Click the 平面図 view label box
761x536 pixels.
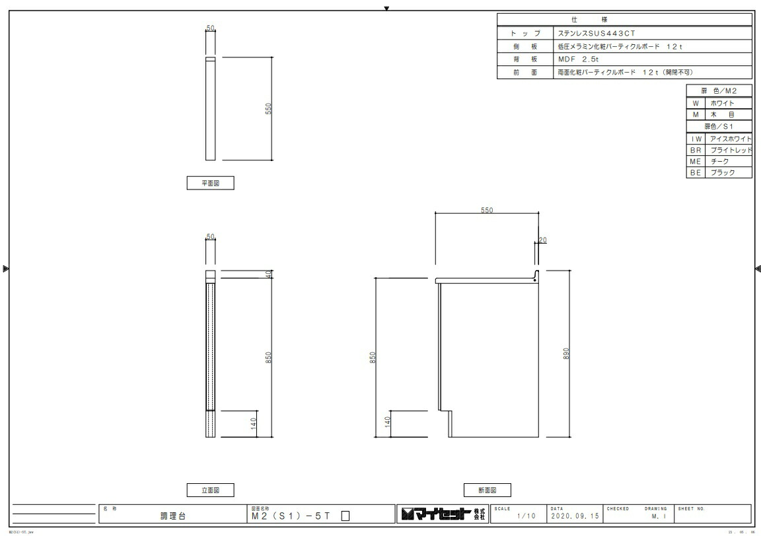(210, 184)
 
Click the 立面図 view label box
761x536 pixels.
(210, 490)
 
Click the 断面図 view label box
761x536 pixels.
(487, 490)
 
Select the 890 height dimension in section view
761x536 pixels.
(566, 353)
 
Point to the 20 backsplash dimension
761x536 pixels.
(542, 240)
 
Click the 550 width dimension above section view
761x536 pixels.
(487, 211)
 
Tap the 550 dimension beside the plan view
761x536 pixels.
(269, 108)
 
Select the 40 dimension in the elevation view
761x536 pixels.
(269, 274)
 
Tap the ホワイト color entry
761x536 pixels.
(722, 103)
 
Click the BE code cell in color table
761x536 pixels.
(696, 173)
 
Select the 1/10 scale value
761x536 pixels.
(526, 516)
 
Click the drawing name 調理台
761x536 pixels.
(173, 516)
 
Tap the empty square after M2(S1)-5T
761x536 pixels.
(345, 517)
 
